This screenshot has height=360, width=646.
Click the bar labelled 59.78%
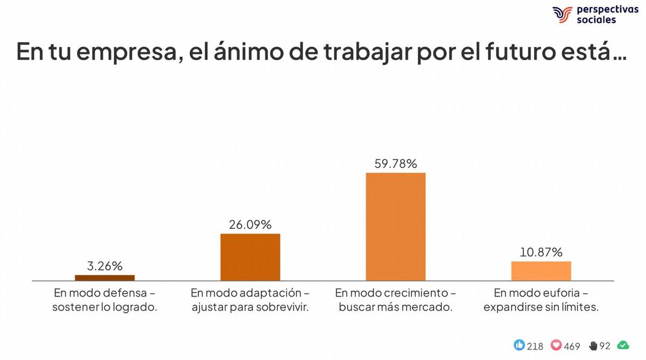[396, 227]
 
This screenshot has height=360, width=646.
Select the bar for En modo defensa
[105, 278]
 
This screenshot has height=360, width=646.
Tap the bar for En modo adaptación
[250, 257]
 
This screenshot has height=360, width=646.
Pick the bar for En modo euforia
[541, 271]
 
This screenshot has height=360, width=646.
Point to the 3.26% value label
[105, 266]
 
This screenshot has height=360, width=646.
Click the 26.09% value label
[250, 224]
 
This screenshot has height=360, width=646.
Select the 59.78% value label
[396, 164]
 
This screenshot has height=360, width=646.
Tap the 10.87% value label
[541, 252]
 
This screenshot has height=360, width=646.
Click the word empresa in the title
[110, 52]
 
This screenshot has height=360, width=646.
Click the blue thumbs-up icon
[519, 345]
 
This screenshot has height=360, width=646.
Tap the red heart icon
[556, 345]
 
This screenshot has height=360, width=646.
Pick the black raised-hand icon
[593, 345]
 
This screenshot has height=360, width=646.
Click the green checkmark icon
[623, 345]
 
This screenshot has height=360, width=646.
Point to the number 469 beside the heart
[572, 346]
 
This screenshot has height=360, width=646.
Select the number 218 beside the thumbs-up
[535, 346]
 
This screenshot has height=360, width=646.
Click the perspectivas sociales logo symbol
[562, 15]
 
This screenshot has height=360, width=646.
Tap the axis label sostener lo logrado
[105, 308]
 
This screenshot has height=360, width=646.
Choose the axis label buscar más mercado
[396, 308]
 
